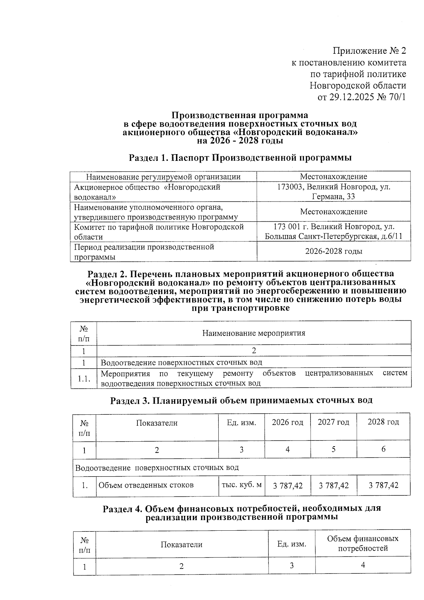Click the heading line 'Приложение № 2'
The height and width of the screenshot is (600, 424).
pyautogui.click(x=369, y=51)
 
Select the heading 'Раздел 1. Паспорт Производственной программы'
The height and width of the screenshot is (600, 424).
pyautogui.click(x=240, y=158)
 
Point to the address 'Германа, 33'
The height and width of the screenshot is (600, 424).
pyautogui.click(x=334, y=197)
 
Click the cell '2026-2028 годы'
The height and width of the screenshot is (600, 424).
pyautogui.click(x=334, y=251)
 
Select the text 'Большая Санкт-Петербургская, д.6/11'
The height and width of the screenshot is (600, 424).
pyautogui.click(x=334, y=237)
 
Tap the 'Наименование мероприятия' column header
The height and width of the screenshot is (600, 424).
pyautogui.click(x=253, y=333)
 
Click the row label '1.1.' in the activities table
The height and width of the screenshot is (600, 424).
pyautogui.click(x=84, y=379)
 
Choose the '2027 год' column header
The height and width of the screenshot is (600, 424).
pyautogui.click(x=333, y=422)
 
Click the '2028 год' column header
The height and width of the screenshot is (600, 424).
pyautogui.click(x=383, y=422)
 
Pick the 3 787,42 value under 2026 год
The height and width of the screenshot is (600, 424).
pyautogui.click(x=288, y=485)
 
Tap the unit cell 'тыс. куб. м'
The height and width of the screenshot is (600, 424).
pyautogui.click(x=241, y=485)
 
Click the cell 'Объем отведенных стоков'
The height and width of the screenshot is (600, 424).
pyautogui.click(x=146, y=485)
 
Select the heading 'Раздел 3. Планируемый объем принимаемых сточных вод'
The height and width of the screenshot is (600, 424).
pyautogui.click(x=241, y=401)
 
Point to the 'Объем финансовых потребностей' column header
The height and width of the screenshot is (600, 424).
pyautogui.click(x=363, y=543)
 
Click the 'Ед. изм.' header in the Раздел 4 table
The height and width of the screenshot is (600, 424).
pyautogui.click(x=291, y=544)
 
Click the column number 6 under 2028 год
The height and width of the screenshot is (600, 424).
pyautogui.click(x=383, y=449)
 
